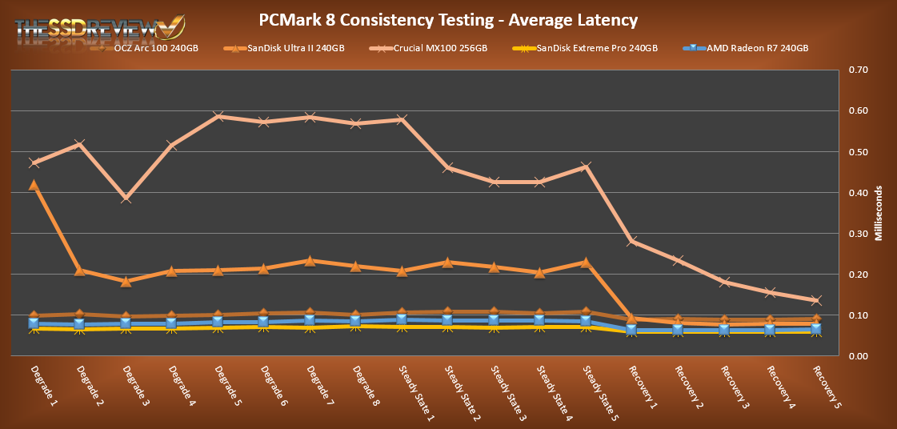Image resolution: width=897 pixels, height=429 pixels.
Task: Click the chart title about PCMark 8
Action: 450,18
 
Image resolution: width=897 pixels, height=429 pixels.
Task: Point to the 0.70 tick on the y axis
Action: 858,70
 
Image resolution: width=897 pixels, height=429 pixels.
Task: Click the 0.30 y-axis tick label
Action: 858,234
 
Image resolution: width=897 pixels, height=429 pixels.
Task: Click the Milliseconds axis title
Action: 878,213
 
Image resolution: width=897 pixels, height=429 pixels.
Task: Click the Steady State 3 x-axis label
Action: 507,392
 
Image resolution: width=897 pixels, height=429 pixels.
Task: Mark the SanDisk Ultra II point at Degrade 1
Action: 34,185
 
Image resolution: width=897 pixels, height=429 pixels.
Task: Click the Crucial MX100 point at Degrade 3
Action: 126,198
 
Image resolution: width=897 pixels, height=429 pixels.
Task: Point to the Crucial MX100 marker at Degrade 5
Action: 218,116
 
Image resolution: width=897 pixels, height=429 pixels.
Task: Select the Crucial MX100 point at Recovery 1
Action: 632,241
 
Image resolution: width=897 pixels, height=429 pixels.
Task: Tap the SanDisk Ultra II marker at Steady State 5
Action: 586,263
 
